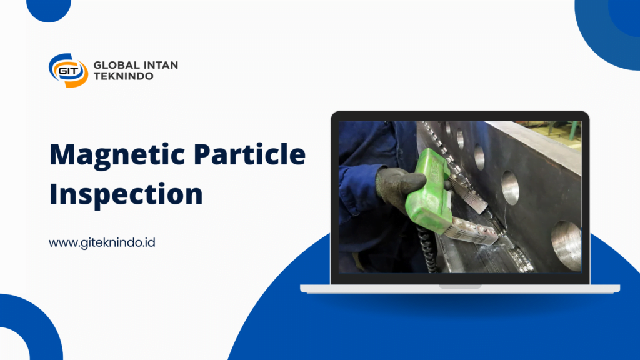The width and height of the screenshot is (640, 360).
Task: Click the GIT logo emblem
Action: [x=68, y=70]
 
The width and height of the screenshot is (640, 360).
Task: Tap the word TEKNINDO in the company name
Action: [x=123, y=76]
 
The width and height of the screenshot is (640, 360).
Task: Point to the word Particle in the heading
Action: [x=249, y=154]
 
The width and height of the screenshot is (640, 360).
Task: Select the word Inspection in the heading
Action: [x=126, y=194]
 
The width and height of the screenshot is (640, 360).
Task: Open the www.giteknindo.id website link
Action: [x=102, y=242]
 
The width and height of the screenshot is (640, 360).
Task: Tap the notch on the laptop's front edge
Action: [x=460, y=286]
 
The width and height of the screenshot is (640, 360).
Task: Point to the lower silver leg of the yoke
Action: [x=474, y=231]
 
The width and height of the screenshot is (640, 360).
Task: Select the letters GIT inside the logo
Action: [x=68, y=71]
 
